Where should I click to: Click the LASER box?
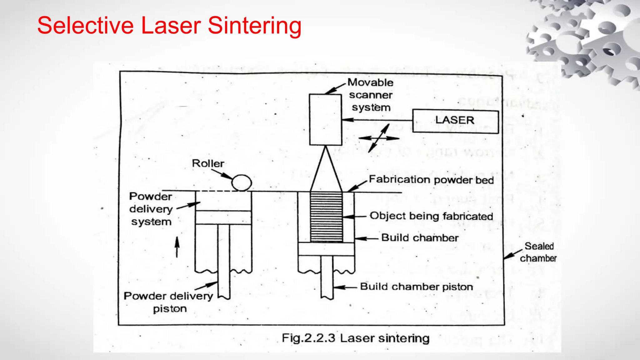pyautogui.click(x=455, y=121)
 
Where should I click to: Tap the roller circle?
pyautogui.click(x=242, y=182)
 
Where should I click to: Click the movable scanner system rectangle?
pyautogui.click(x=325, y=120)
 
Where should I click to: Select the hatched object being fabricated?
pyautogui.click(x=326, y=217)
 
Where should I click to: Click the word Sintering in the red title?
pyautogui.click(x=254, y=26)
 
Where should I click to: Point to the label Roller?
pyautogui.click(x=208, y=163)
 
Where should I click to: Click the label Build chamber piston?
pyautogui.click(x=416, y=287)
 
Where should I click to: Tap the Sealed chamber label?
pyautogui.click(x=538, y=252)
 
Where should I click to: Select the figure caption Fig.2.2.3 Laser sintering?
pyautogui.click(x=355, y=338)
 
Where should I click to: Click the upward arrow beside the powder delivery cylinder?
pyautogui.click(x=177, y=247)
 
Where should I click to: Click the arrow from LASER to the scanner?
pyautogui.click(x=377, y=120)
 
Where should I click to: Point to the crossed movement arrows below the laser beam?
pyautogui.click(x=379, y=138)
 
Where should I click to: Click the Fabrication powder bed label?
pyautogui.click(x=431, y=180)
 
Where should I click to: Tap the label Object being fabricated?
pyautogui.click(x=431, y=216)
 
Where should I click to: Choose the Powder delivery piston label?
pyautogui.click(x=168, y=302)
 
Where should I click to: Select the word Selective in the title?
pyautogui.click(x=85, y=26)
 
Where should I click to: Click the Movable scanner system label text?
pyautogui.click(x=371, y=95)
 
